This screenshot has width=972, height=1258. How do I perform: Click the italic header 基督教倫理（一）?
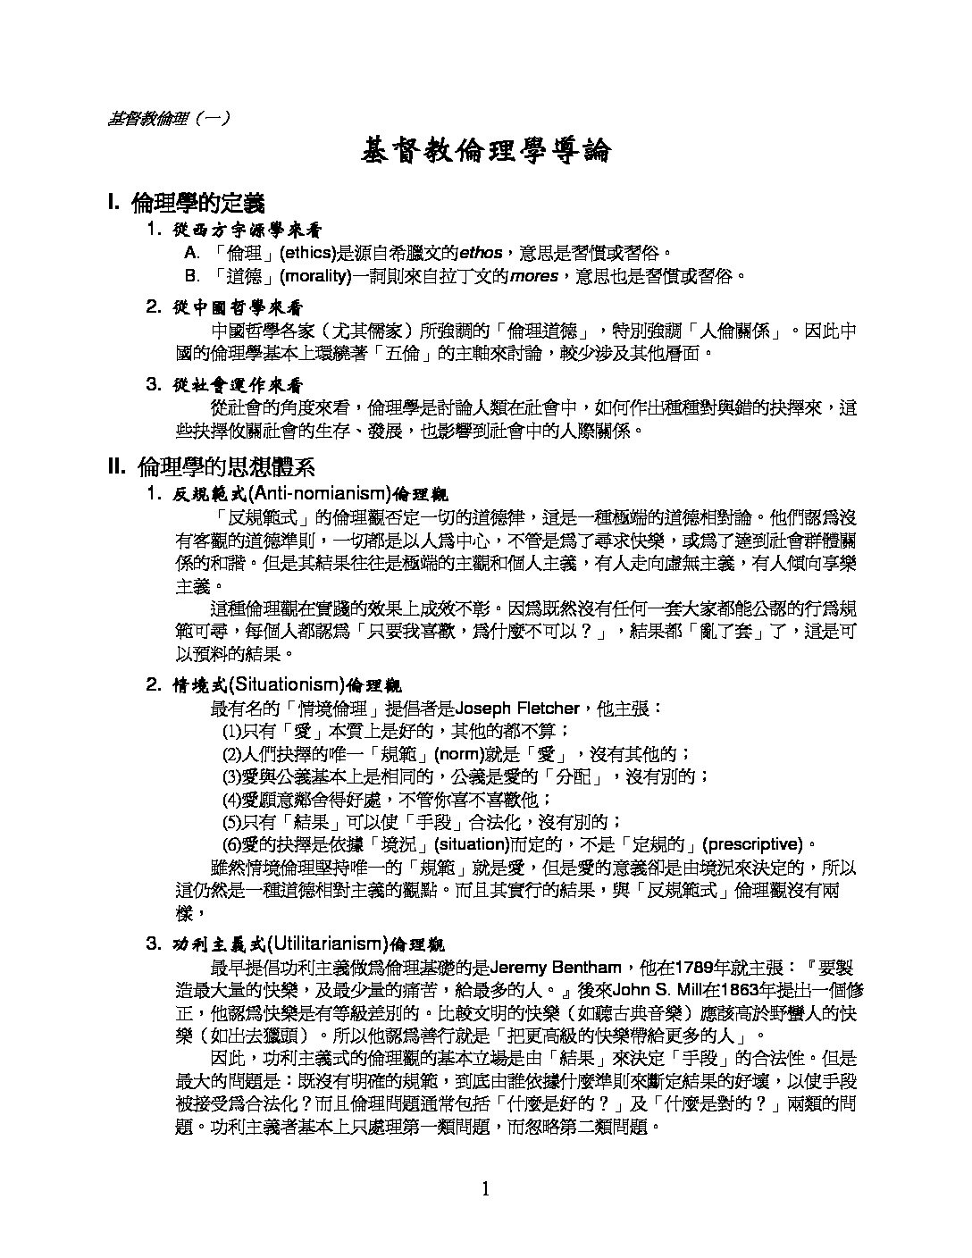click(x=167, y=118)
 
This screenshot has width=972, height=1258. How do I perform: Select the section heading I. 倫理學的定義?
click(x=185, y=203)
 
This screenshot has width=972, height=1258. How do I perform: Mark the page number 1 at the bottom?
click(x=485, y=1188)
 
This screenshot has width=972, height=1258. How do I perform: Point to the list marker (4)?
click(x=232, y=799)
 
